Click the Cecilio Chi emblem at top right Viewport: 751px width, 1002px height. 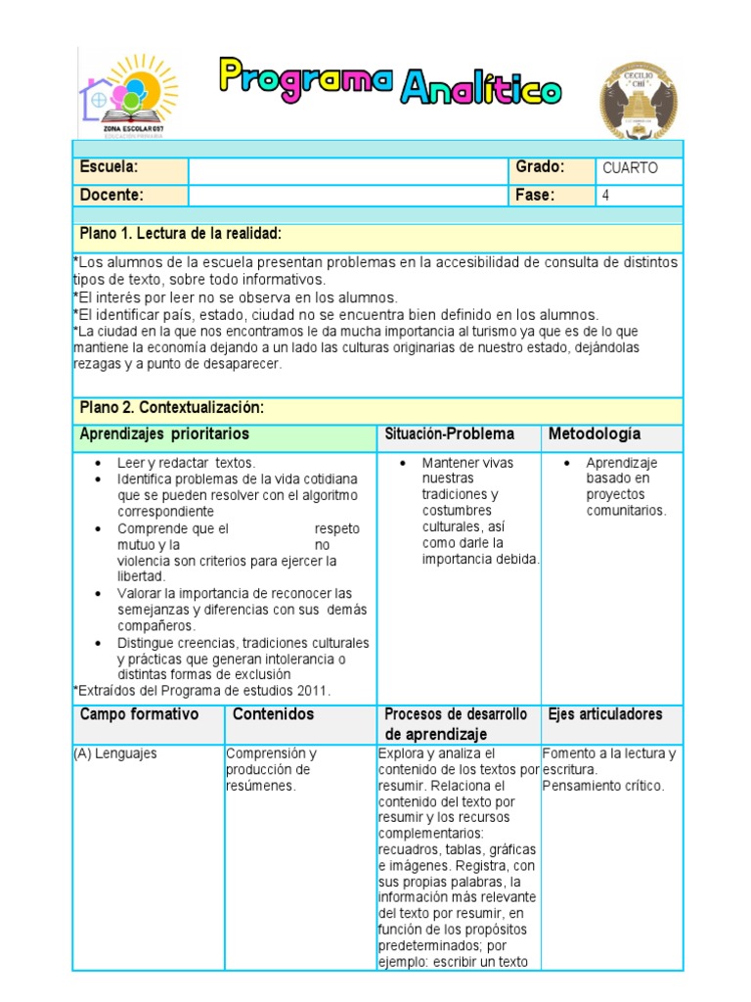pos(638,100)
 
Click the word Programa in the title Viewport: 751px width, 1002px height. pos(305,78)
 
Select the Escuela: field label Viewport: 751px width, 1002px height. pos(109,167)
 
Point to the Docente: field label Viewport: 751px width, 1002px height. pos(111,195)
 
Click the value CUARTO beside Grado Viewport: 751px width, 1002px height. pos(630,168)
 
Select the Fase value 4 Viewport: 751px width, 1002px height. pos(606,195)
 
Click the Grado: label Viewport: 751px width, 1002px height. pos(540,167)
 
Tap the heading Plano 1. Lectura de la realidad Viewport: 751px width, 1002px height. pos(181,234)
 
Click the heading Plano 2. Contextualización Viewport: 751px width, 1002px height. pos(172,407)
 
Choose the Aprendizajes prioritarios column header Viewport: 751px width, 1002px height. pos(164,433)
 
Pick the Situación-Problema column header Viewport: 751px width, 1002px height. pos(450,433)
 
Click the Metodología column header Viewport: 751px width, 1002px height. pos(595,433)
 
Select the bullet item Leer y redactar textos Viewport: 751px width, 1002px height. pos(186,463)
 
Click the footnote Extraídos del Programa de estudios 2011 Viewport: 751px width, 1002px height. pos(203,690)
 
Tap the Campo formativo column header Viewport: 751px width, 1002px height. pos(139,714)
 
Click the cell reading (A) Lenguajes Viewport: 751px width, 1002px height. pos(115,754)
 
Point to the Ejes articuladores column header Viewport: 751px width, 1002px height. pos(605,714)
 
